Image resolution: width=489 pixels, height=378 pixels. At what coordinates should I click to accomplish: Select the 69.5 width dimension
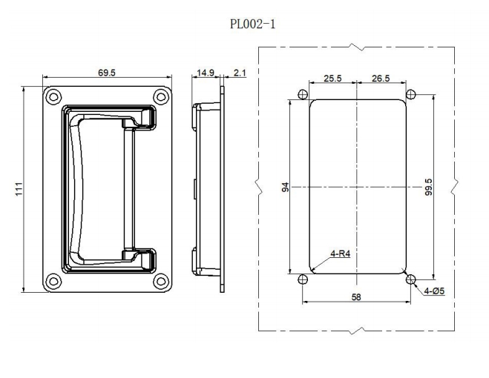(x=107, y=73)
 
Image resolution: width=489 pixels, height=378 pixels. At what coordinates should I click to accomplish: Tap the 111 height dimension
(x=19, y=190)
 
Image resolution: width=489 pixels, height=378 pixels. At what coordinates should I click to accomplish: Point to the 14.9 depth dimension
(x=206, y=73)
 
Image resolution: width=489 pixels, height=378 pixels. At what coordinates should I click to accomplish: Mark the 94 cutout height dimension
(x=286, y=188)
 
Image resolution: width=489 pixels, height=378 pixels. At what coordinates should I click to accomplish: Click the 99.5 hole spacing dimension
(x=428, y=188)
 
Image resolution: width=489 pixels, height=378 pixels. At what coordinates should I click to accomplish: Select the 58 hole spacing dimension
(x=357, y=296)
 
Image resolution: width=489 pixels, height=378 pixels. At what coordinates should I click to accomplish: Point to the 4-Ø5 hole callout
(x=434, y=291)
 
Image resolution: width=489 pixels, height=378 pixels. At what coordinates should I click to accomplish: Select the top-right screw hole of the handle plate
(x=160, y=96)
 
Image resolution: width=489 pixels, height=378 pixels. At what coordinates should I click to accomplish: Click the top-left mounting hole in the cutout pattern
(x=302, y=95)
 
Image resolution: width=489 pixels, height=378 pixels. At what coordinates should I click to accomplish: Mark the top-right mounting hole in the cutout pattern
(x=411, y=94)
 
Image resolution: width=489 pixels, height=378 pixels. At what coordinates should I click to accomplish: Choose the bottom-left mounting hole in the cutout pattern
(x=302, y=279)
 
